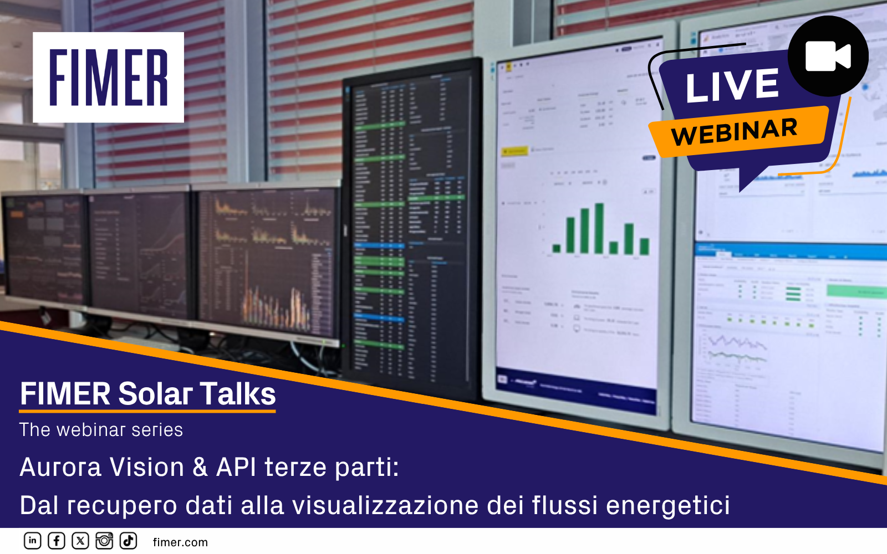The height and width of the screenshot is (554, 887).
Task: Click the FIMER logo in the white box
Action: pos(108,78)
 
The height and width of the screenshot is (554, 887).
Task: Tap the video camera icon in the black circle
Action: pos(828,56)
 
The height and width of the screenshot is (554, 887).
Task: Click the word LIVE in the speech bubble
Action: pos(732,86)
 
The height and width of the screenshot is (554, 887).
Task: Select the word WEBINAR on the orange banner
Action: pos(734,132)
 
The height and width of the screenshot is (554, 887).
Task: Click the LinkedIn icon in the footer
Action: pos(33,541)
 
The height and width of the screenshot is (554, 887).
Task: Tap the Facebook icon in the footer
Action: pos(57,541)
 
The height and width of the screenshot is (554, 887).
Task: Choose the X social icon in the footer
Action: pos(80,541)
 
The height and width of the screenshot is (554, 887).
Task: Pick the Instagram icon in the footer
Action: pos(104,541)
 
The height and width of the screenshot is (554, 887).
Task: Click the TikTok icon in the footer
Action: pos(128,541)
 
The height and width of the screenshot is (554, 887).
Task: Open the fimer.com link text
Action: pos(180,542)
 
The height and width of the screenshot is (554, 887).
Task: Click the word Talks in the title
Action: pos(238,394)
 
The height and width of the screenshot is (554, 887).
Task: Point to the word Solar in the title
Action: pos(155,394)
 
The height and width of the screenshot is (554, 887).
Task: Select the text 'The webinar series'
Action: pos(101,430)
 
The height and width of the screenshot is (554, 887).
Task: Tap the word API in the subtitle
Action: pos(236,467)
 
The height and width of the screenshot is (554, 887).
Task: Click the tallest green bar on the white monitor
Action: pos(599,228)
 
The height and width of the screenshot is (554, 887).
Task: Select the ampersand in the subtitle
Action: pos(200,467)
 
